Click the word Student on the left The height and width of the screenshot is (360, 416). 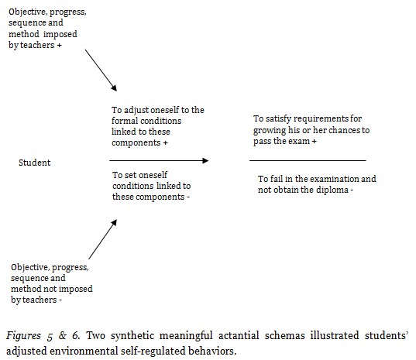click(x=34, y=163)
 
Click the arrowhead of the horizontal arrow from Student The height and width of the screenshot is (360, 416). click(x=205, y=160)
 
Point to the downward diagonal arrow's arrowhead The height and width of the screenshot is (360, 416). click(x=115, y=89)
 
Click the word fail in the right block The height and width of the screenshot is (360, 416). click(x=277, y=180)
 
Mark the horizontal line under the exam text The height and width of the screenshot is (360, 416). click(x=308, y=160)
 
